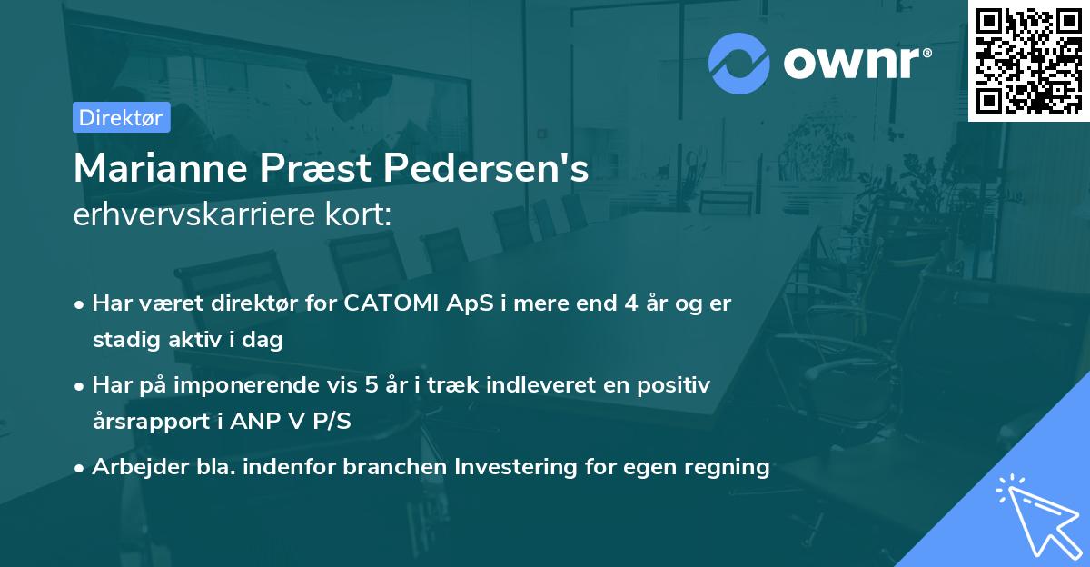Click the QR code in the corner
point(1028,60)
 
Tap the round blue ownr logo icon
point(738,63)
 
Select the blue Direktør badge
point(121,116)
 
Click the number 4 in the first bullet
point(630,303)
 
